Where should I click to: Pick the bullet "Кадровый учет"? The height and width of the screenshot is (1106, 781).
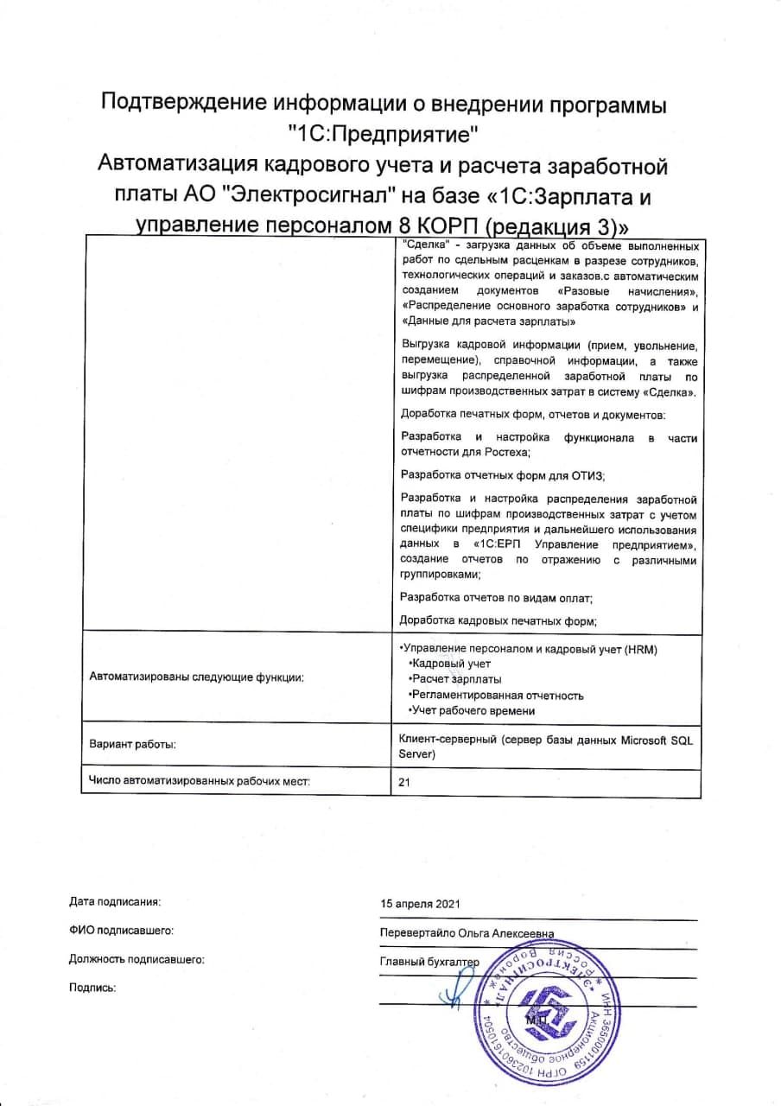point(451,664)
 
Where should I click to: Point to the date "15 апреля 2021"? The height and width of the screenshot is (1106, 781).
point(420,903)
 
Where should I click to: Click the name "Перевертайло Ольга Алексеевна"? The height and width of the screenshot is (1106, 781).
point(467,933)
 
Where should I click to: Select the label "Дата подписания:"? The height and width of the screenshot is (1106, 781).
point(115,901)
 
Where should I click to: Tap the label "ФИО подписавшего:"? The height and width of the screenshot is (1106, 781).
point(121,931)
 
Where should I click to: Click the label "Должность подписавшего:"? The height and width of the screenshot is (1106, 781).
point(137,959)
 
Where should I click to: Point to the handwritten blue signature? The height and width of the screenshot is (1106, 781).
point(458,985)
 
